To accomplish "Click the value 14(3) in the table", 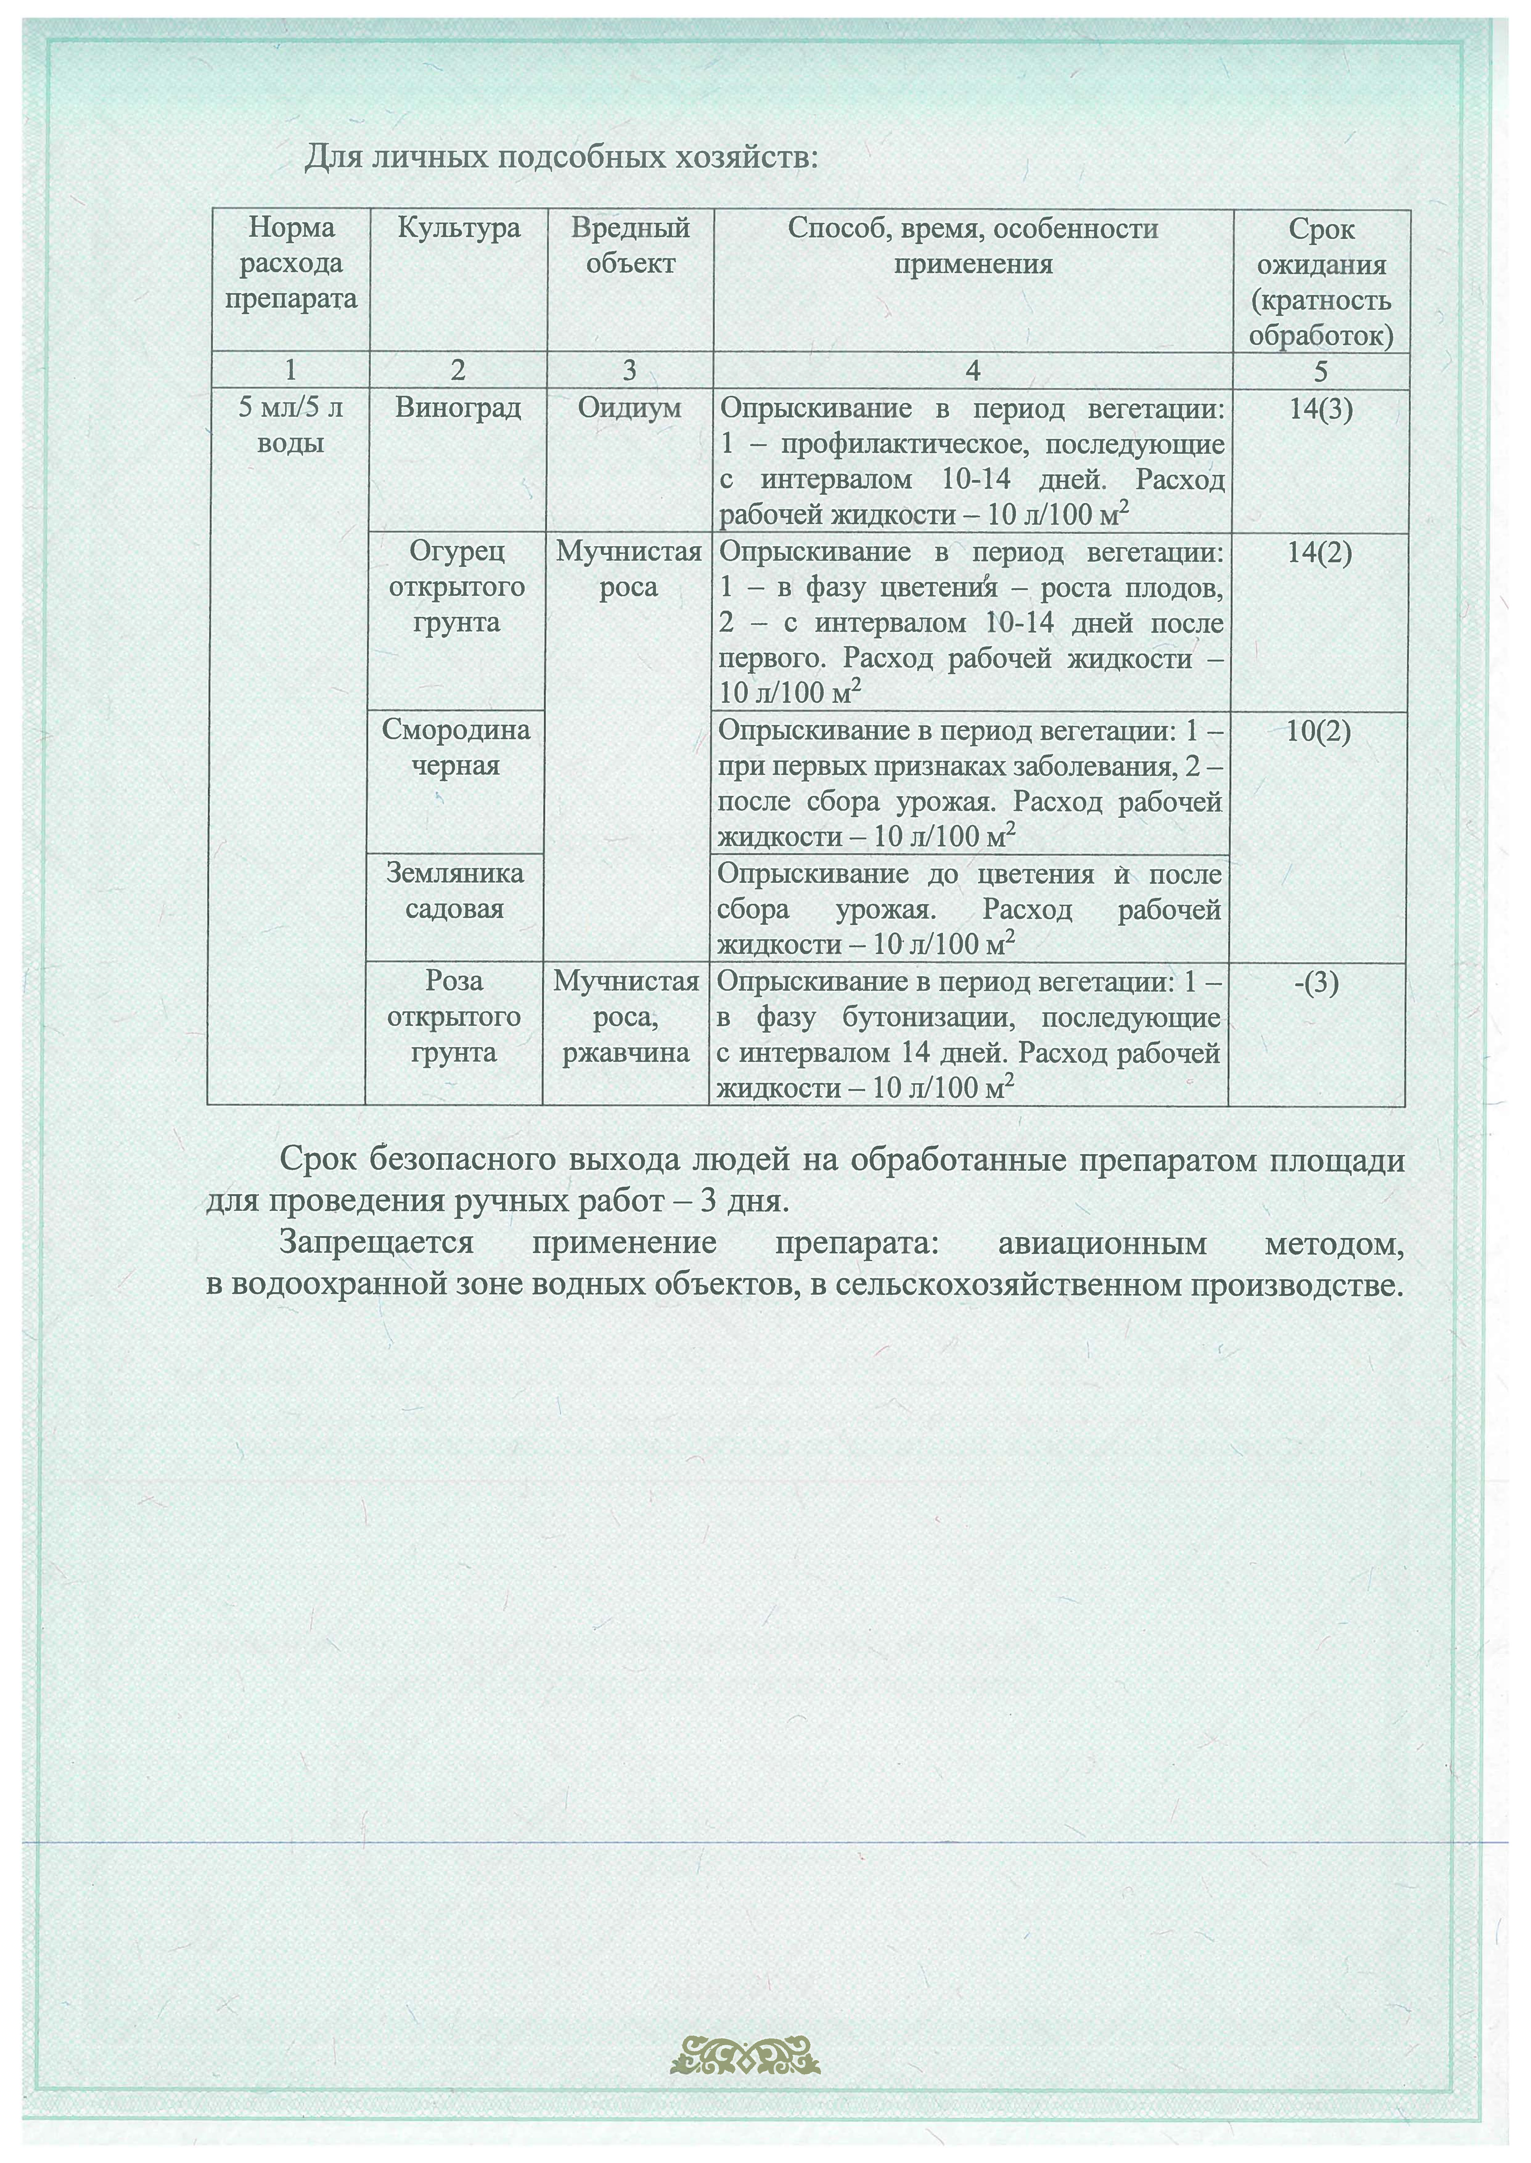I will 1320,409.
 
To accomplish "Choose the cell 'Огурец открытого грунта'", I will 456,587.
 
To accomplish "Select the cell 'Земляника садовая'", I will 454,891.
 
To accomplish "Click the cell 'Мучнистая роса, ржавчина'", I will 626,1016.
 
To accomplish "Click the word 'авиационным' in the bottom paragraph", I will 1101,1243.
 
